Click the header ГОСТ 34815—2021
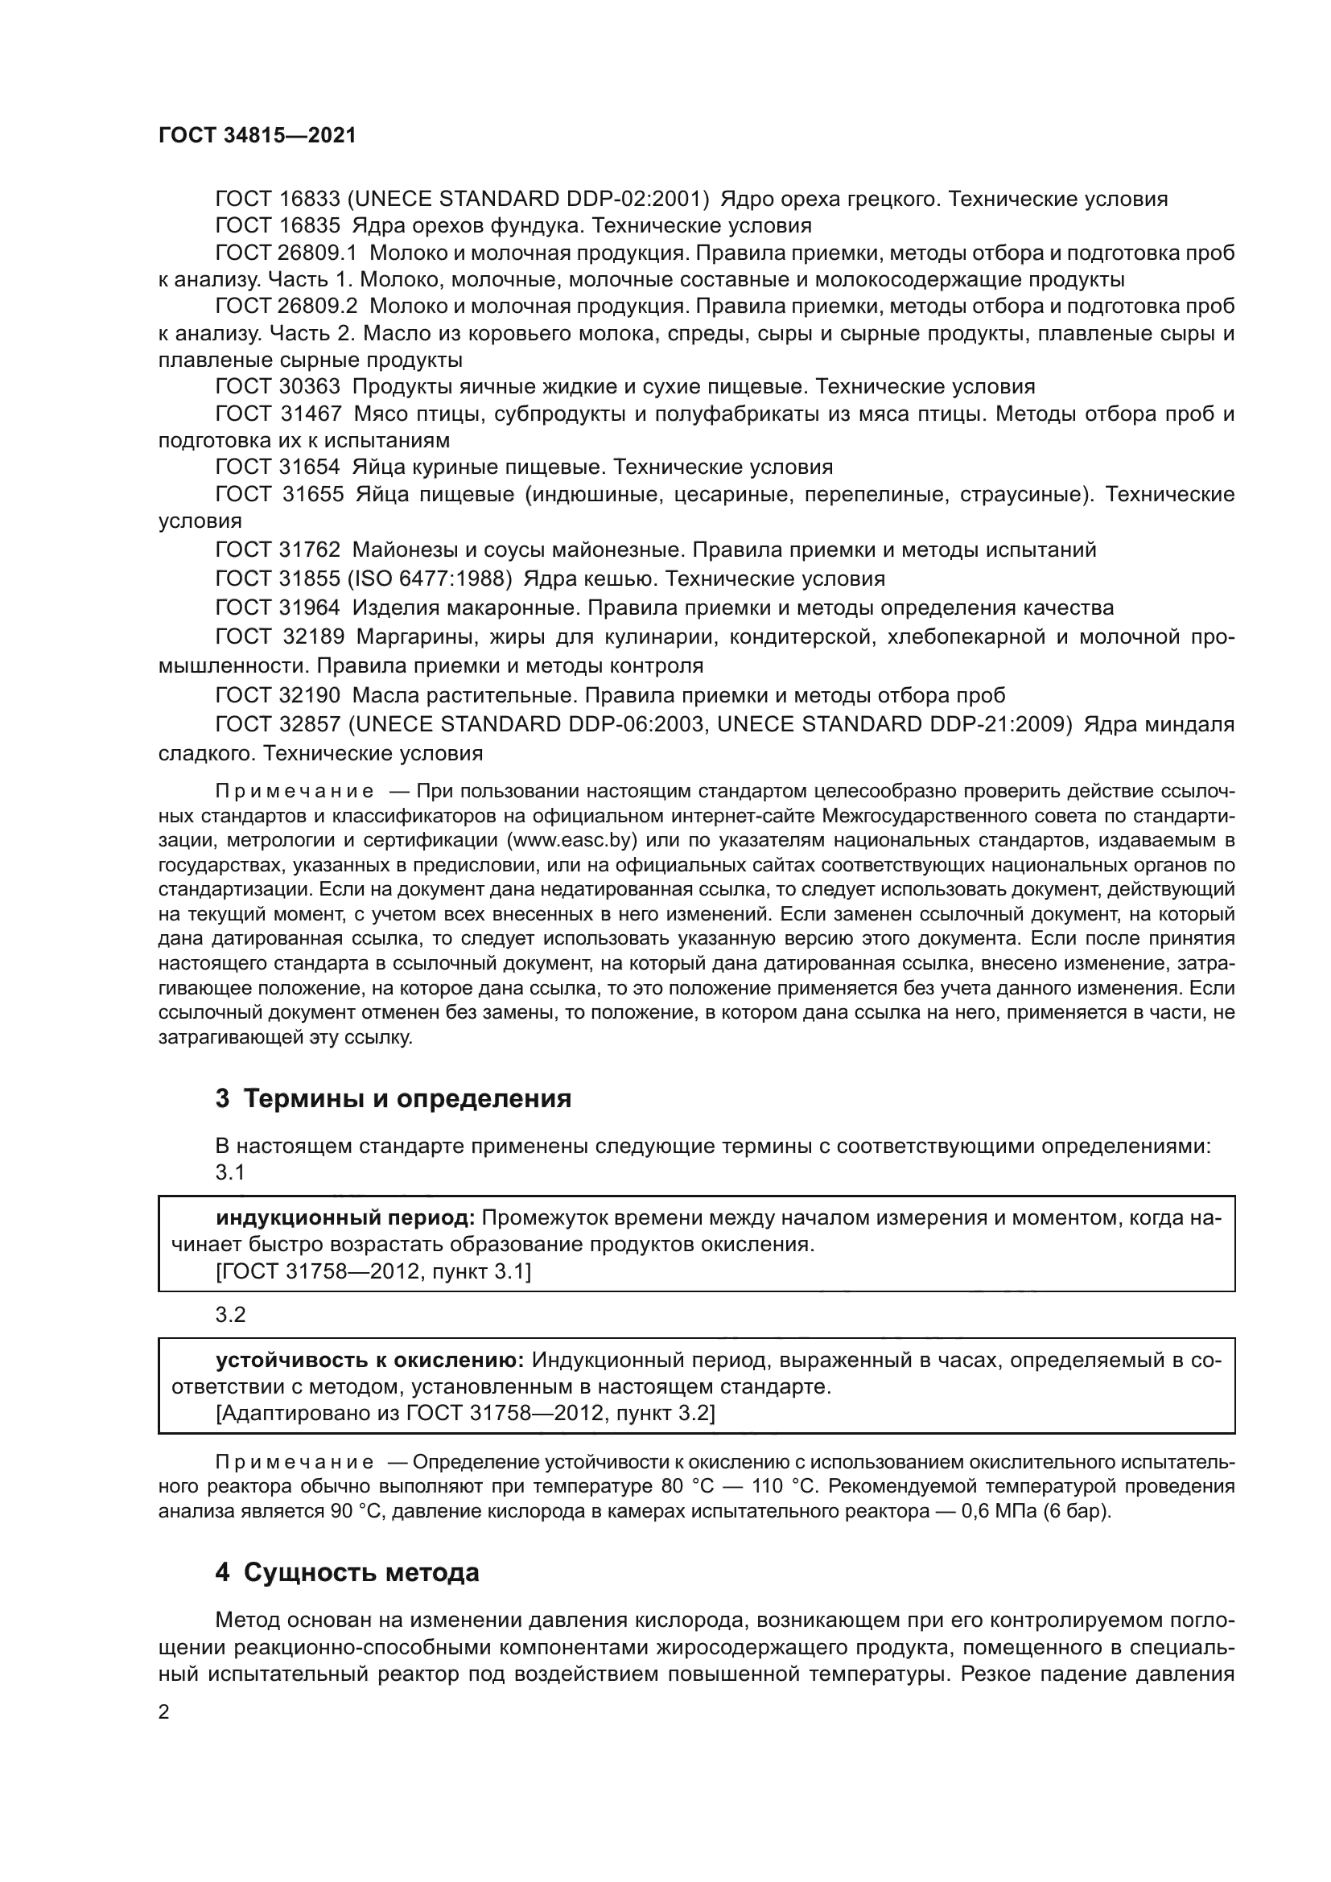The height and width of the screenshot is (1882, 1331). [x=258, y=136]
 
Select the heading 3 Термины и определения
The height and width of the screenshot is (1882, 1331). [x=394, y=1097]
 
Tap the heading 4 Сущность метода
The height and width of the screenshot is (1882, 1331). [x=347, y=1573]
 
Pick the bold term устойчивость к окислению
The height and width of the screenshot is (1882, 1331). [x=369, y=1361]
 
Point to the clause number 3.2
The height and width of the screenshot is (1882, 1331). [x=230, y=1315]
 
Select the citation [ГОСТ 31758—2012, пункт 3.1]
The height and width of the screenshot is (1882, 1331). [x=373, y=1272]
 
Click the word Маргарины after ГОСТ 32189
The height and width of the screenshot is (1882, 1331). [x=415, y=637]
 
